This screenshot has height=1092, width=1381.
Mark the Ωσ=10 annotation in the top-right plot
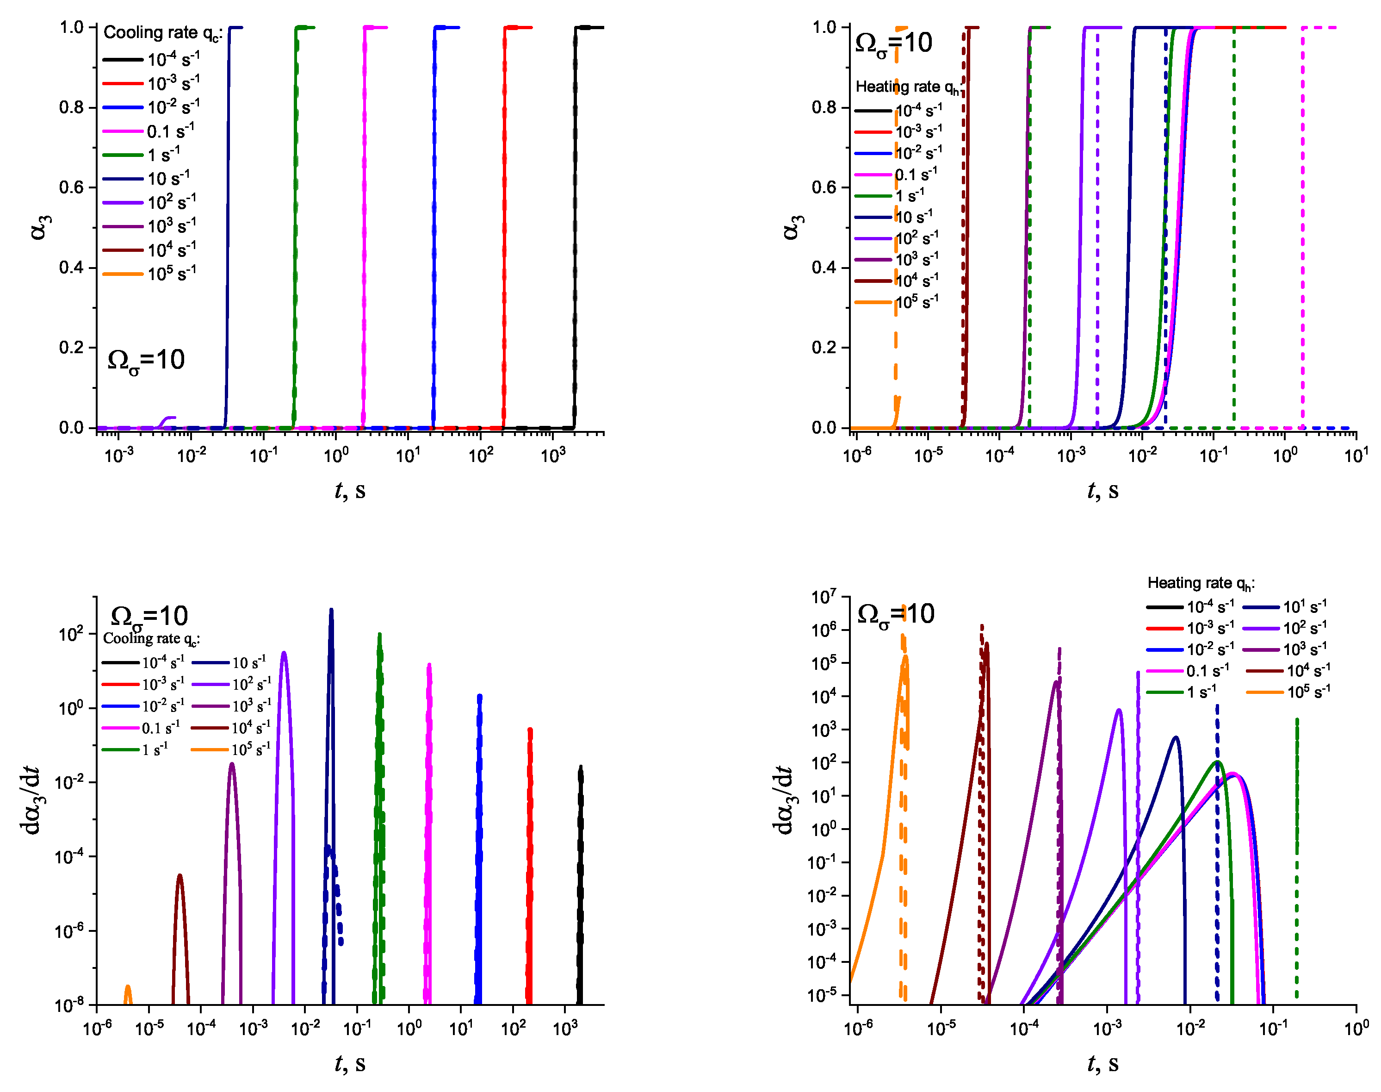(x=893, y=44)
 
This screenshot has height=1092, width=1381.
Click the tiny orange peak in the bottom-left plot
(x=128, y=994)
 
